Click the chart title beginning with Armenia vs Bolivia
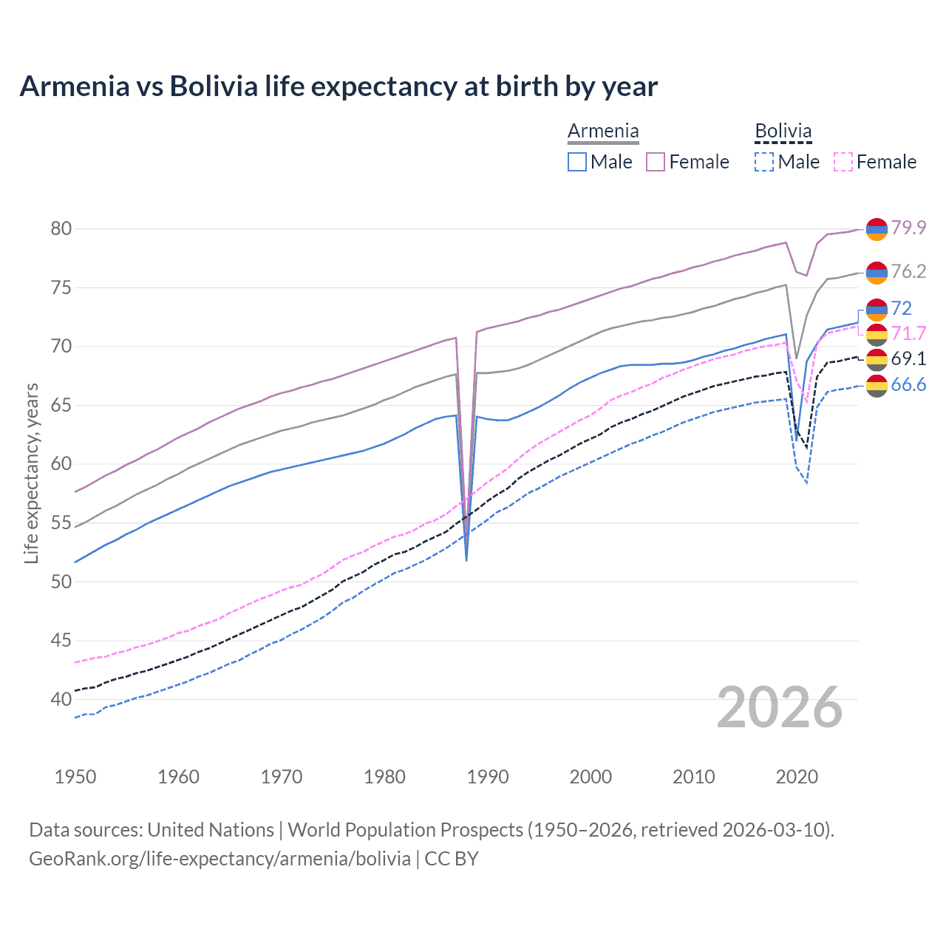point(338,86)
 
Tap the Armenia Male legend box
point(577,162)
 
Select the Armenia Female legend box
point(656,162)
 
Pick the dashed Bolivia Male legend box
point(764,162)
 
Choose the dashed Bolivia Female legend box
point(843,162)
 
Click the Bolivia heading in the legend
point(783,132)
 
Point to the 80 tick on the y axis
point(61,228)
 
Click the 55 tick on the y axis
point(61,523)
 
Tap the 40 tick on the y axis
point(61,699)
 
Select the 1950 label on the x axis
point(75,777)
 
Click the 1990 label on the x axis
point(488,777)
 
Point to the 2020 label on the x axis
point(797,777)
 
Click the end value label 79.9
point(908,228)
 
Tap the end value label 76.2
point(908,272)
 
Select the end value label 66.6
point(908,384)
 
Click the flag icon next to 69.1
point(877,359)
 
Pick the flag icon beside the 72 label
point(877,309)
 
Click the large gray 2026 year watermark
point(780,707)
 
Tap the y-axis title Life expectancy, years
point(32,473)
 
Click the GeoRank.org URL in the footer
point(220,859)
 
